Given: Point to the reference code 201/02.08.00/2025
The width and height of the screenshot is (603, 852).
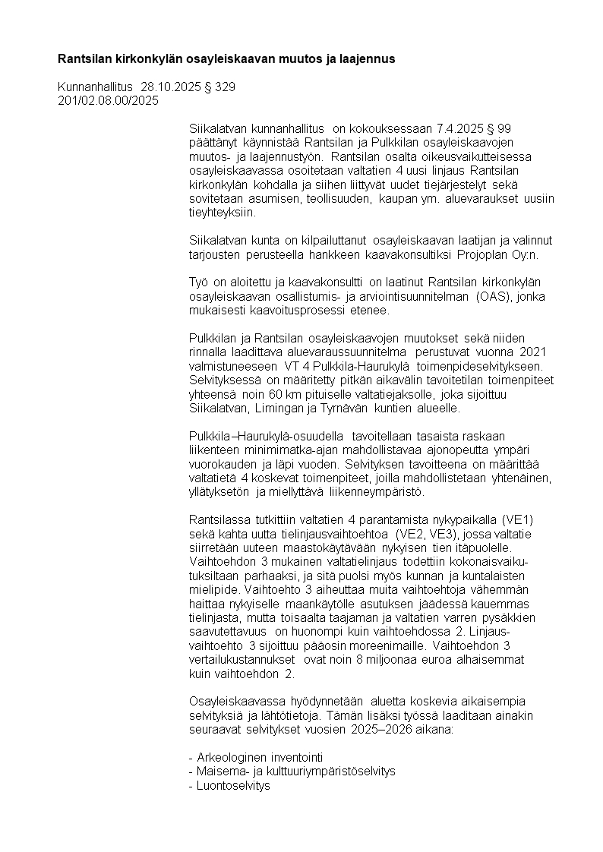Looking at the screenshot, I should tap(108, 100).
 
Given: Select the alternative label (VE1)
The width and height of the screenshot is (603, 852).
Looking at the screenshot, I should tap(519, 519).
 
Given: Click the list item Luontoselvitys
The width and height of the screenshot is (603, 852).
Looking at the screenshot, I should tap(229, 786).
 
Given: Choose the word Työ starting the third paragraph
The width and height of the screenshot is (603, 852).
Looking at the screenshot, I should tap(198, 282).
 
